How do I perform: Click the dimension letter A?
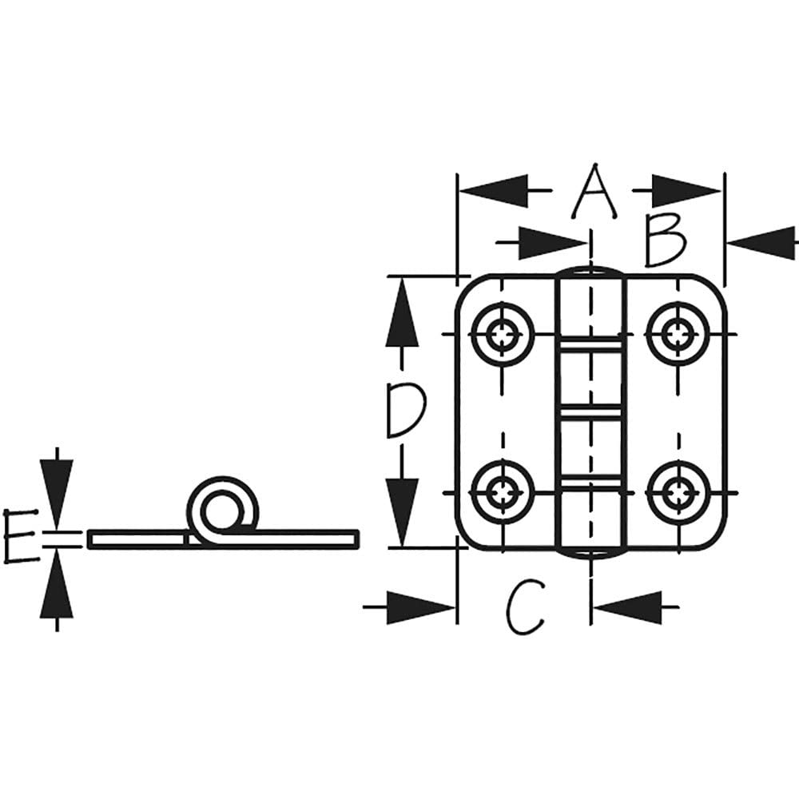coord(594,192)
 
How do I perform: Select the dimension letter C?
coord(525,607)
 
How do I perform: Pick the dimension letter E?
coord(22,535)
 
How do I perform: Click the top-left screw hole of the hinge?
coord(503,335)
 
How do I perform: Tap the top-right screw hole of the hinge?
coord(678,335)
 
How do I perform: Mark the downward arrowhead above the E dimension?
coord(57,495)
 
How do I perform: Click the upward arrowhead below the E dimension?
coord(57,583)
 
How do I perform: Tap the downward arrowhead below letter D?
coord(402,513)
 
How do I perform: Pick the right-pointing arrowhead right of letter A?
coord(686,191)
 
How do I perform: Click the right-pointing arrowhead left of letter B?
coord(553,244)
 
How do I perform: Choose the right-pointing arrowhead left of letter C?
coord(422,607)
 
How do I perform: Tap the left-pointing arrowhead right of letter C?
coord(628,607)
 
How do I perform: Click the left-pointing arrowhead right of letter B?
coord(761,244)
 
